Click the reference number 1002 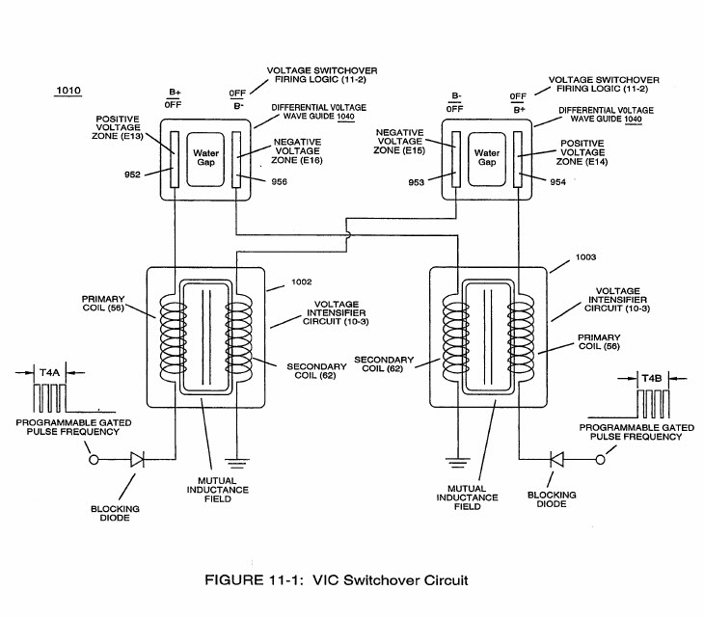pos(302,282)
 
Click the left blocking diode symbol pos(136,461)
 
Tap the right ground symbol pos(454,461)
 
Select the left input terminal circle pos(94,461)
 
